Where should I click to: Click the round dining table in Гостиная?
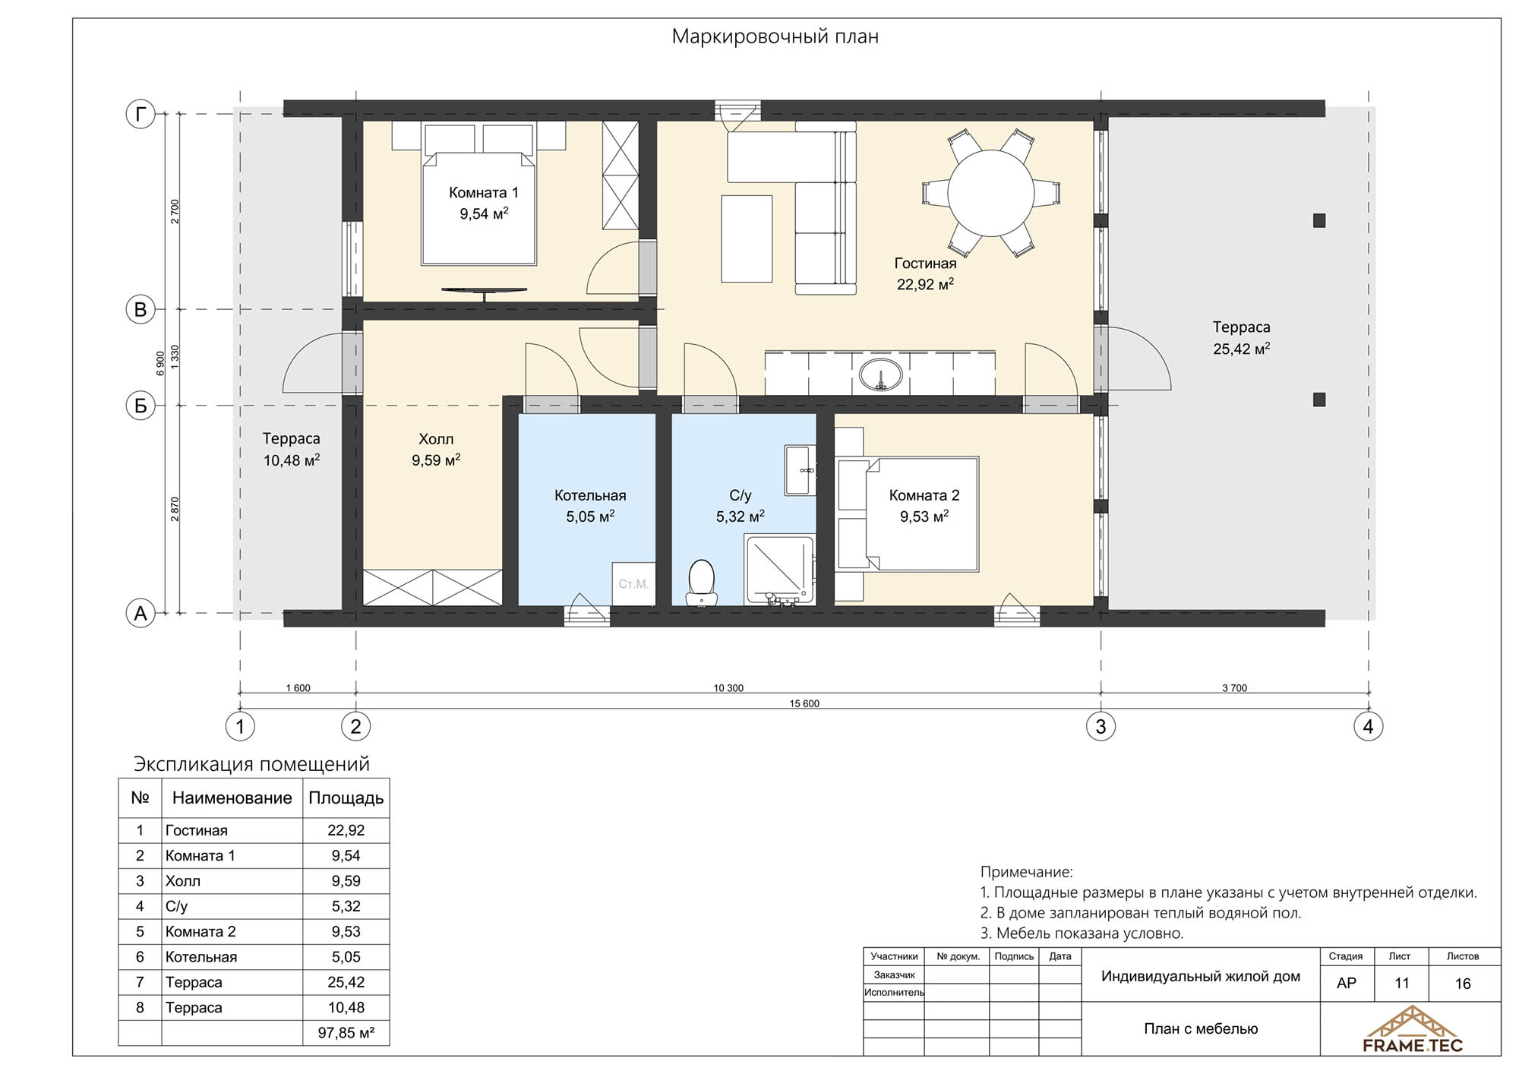click(991, 193)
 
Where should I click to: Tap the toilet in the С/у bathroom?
click(701, 583)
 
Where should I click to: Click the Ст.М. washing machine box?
click(633, 584)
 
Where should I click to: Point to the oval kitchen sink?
click(881, 374)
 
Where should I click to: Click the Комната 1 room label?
click(484, 193)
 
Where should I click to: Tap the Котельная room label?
click(590, 495)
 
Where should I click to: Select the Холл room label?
click(436, 439)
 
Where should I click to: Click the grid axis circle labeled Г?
click(141, 115)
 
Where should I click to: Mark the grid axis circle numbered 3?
click(1101, 727)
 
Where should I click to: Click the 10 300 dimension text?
click(728, 688)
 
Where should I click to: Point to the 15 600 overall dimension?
click(804, 704)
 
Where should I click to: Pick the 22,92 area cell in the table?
click(346, 830)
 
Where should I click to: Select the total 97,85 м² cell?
click(346, 1033)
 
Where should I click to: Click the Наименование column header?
click(232, 798)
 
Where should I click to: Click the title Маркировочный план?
click(775, 36)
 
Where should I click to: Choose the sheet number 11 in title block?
click(1402, 984)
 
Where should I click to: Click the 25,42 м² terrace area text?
click(1242, 349)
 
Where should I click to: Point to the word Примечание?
click(1027, 873)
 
